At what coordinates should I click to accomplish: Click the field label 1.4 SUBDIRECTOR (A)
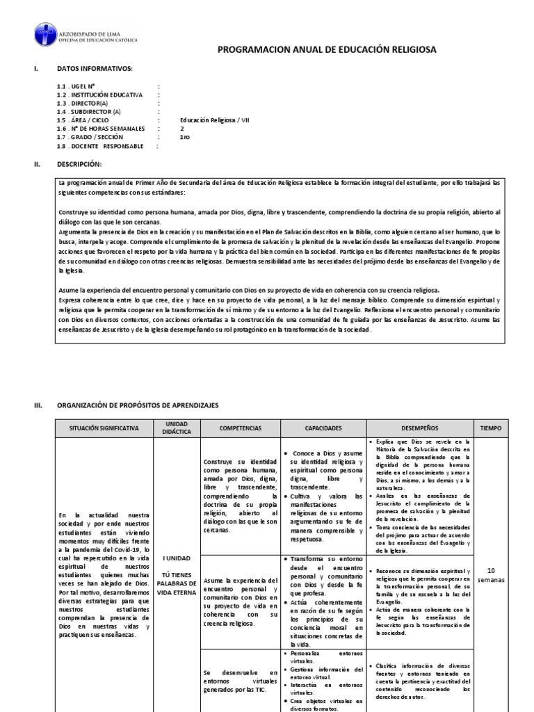[89, 111]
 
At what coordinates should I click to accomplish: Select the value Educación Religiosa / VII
[215, 120]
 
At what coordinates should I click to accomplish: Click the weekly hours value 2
[183, 129]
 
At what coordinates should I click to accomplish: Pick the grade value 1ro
[185, 137]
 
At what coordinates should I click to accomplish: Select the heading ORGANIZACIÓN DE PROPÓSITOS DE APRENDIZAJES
[138, 404]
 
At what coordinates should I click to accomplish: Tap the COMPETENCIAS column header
[240, 428]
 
